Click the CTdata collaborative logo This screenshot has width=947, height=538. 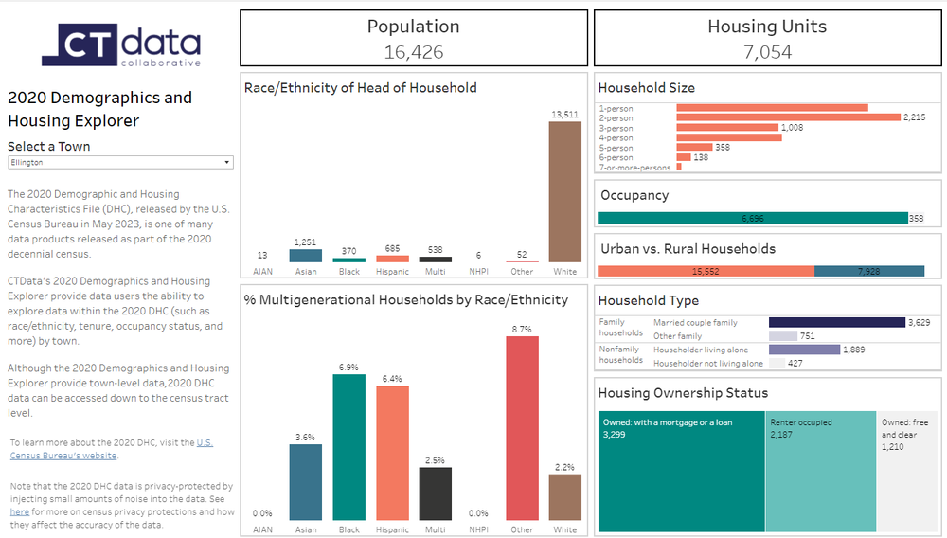point(120,45)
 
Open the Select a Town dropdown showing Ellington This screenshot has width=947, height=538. point(120,162)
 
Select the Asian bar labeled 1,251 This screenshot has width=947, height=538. point(306,256)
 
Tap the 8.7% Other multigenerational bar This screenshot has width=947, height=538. point(522,428)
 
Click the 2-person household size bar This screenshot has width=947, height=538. point(788,117)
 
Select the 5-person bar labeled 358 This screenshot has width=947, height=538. point(694,148)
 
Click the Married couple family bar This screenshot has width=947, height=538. point(837,322)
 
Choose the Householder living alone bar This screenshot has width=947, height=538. point(804,350)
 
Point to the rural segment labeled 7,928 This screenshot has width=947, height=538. point(869,271)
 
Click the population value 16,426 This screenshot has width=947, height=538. point(414,52)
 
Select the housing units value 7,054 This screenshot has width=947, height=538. point(767,52)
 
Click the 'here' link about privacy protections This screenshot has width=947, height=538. point(20,511)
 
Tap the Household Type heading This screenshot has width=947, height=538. point(649,300)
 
